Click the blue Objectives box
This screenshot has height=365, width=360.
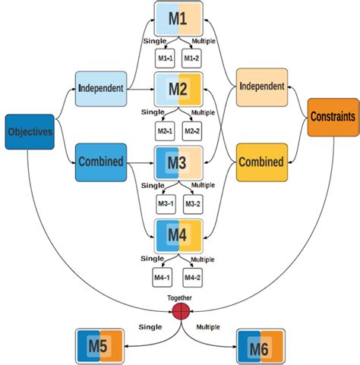point(30,131)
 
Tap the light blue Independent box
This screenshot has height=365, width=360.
point(100,88)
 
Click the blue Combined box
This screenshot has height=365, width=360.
point(100,162)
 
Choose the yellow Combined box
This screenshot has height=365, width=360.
point(261,162)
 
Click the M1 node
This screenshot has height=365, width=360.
point(178,17)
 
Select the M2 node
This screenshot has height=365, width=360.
point(178,89)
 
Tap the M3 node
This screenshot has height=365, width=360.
point(178,162)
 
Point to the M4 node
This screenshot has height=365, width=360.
point(178,235)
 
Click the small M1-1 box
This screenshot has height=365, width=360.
point(165,57)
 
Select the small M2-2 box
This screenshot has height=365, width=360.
point(194,131)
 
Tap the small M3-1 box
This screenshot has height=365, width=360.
point(165,203)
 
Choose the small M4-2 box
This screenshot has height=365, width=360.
point(194,277)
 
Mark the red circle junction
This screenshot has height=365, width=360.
point(180,311)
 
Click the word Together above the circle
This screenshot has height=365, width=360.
point(180,298)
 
